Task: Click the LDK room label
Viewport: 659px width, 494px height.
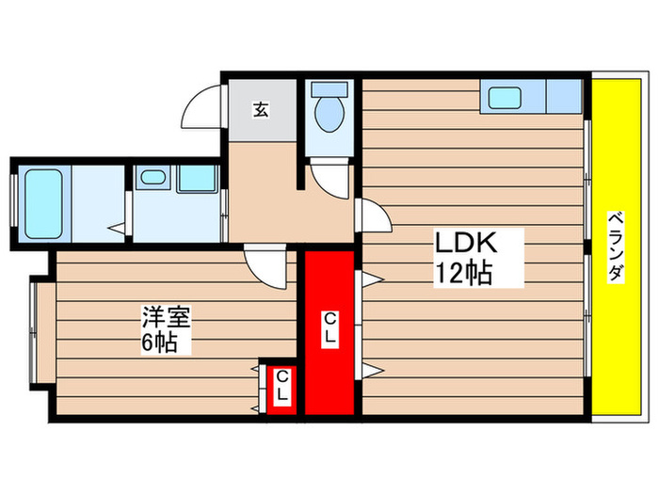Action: click(463, 243)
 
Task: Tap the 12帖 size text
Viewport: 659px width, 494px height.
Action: click(463, 273)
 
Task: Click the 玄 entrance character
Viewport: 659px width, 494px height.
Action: click(260, 109)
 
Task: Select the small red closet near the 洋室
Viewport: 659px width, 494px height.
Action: click(281, 387)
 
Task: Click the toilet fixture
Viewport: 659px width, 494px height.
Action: click(329, 112)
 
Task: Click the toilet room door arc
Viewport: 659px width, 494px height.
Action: click(329, 177)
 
